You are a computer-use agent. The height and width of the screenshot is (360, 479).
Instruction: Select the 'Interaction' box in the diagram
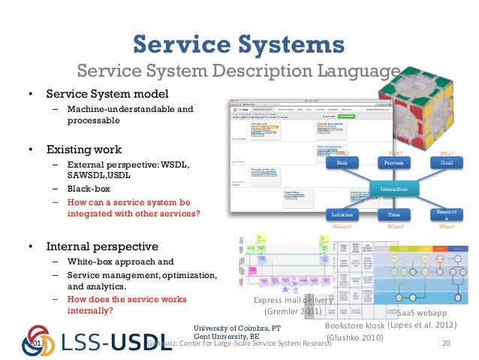tap(393, 189)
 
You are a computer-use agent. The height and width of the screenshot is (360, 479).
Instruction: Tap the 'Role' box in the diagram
tap(342, 162)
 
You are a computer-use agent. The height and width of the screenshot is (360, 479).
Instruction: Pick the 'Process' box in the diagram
tap(394, 162)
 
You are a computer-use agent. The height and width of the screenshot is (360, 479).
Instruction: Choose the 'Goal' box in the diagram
tap(446, 162)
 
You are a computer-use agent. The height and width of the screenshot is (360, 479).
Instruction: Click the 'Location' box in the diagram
tap(342, 215)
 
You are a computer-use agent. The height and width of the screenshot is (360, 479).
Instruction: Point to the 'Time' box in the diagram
tap(394, 215)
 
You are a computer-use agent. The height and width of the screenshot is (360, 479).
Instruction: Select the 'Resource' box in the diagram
tap(446, 215)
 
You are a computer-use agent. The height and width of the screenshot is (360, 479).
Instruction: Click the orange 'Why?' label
tap(446, 153)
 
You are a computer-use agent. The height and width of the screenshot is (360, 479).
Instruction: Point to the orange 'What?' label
tap(446, 225)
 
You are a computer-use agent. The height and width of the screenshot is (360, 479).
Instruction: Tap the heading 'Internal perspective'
tap(102, 246)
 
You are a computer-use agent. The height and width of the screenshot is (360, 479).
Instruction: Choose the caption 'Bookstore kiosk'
tap(357, 327)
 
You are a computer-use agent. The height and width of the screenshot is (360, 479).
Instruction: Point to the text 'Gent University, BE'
tap(227, 337)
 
